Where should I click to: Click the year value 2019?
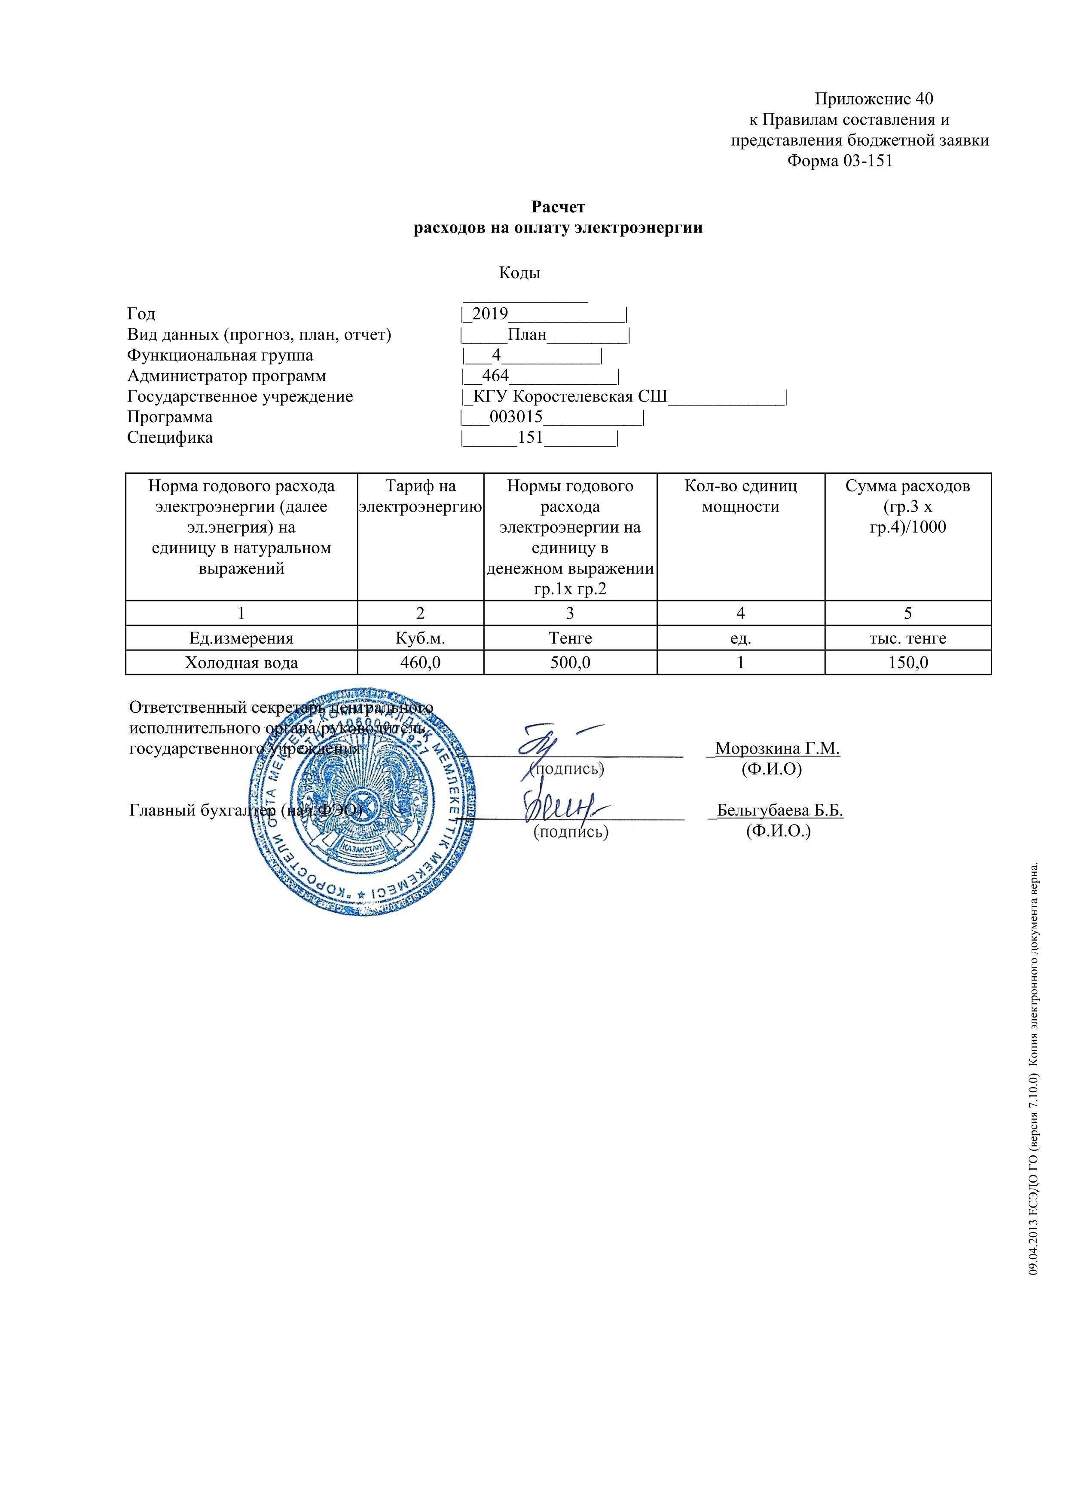(490, 314)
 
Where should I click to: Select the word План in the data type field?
(527, 335)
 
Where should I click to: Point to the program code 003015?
(516, 417)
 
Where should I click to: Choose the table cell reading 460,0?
(420, 663)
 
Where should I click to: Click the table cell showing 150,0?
(908, 663)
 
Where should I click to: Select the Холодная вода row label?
(241, 663)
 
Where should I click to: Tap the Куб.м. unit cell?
(420, 638)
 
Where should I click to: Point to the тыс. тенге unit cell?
(908, 638)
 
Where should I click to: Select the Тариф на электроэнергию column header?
(420, 497)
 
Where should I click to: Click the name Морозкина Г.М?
(777, 748)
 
